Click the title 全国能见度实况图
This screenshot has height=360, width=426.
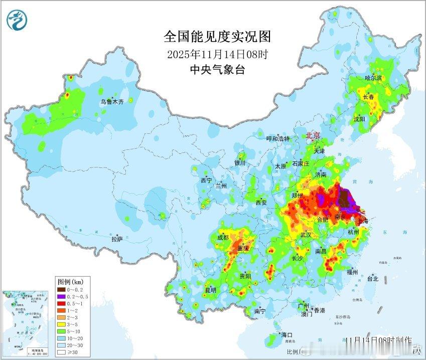tap(217, 37)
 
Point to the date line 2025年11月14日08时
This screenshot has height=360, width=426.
tap(217, 54)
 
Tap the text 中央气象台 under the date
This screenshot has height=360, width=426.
tap(217, 70)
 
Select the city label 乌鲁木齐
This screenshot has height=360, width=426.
tap(111, 102)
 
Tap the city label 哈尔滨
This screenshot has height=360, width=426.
tap(373, 78)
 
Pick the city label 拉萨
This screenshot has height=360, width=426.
tap(117, 239)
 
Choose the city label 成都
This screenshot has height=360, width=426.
tap(223, 238)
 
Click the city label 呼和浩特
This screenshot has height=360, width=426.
tap(277, 139)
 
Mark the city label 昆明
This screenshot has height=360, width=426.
tap(210, 290)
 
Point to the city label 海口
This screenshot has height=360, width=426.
tap(287, 335)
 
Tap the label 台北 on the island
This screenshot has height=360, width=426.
tap(373, 279)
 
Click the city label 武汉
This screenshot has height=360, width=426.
tap(306, 235)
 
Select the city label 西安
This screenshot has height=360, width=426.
tap(261, 203)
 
